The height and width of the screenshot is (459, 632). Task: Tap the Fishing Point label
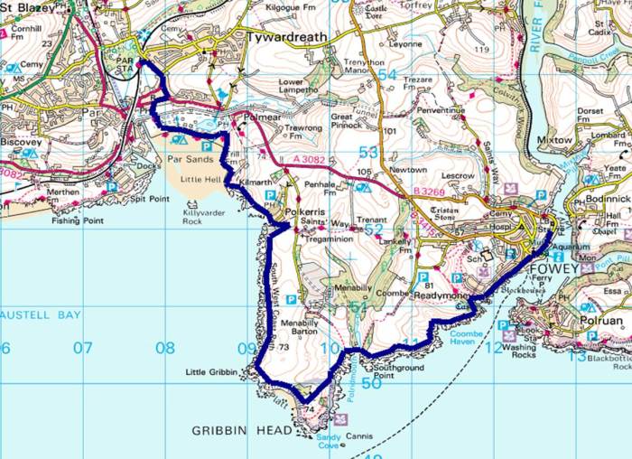pos(79,220)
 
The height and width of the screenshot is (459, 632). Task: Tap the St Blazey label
pos(27,9)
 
